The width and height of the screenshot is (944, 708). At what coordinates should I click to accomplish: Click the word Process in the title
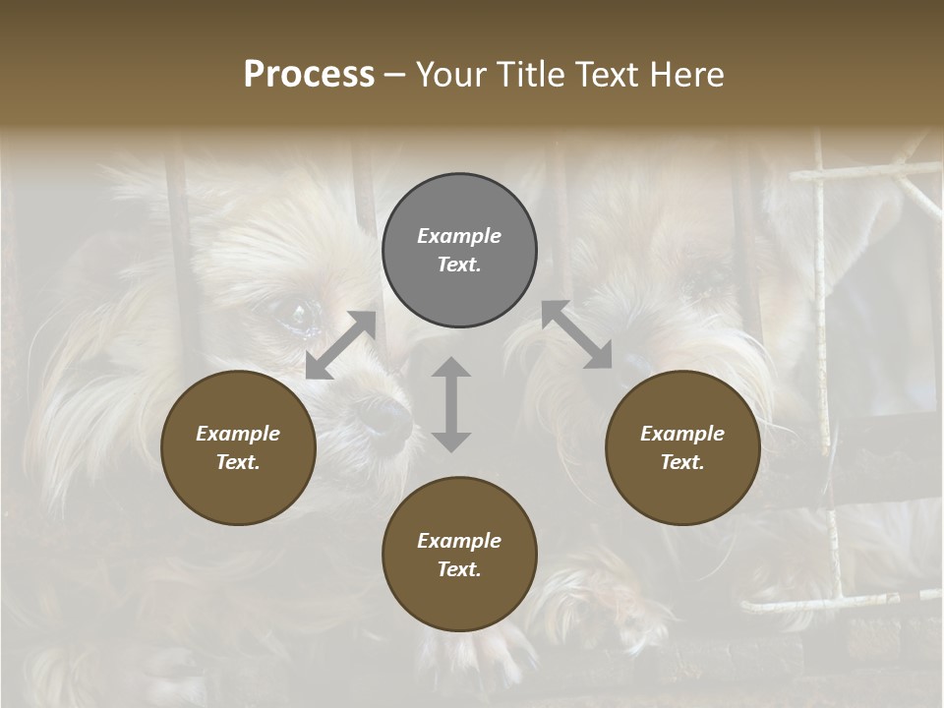click(x=309, y=75)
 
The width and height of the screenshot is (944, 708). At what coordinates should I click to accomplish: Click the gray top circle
click(x=459, y=251)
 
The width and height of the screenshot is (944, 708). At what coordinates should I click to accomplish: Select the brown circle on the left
click(x=238, y=448)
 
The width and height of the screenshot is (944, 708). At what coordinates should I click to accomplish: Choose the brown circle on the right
click(x=682, y=448)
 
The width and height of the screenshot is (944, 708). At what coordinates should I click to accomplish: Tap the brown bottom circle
click(x=459, y=555)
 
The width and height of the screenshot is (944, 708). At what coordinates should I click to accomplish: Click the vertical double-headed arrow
click(x=451, y=404)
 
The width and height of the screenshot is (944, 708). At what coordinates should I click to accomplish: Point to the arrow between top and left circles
click(x=341, y=345)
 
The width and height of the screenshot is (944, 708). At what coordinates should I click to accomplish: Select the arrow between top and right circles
click(x=577, y=335)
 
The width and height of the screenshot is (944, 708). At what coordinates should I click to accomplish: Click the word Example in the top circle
click(x=459, y=236)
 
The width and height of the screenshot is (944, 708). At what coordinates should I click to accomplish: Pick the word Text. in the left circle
click(x=238, y=462)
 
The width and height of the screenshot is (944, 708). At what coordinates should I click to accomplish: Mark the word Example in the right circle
click(x=682, y=434)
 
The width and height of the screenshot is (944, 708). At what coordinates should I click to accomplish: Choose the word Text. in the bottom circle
click(x=459, y=569)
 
